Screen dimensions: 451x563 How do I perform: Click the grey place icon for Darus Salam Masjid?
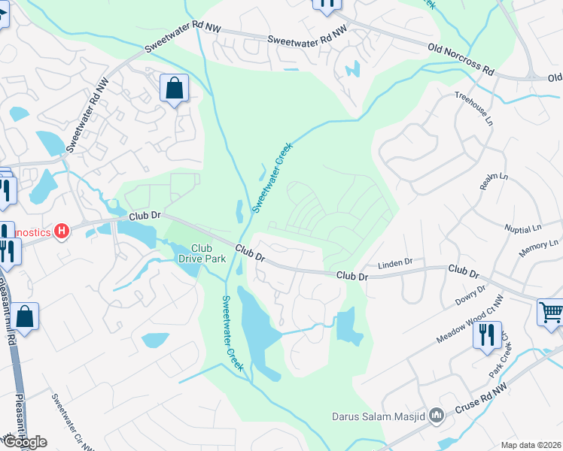click(436, 416)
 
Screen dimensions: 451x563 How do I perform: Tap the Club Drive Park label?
click(202, 253)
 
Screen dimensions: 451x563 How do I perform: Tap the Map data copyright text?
click(531, 445)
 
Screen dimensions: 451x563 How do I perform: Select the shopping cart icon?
click(550, 310)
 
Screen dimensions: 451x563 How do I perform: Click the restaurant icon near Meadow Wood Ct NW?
click(487, 333)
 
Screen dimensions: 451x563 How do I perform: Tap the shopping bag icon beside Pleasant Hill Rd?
click(25, 317)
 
